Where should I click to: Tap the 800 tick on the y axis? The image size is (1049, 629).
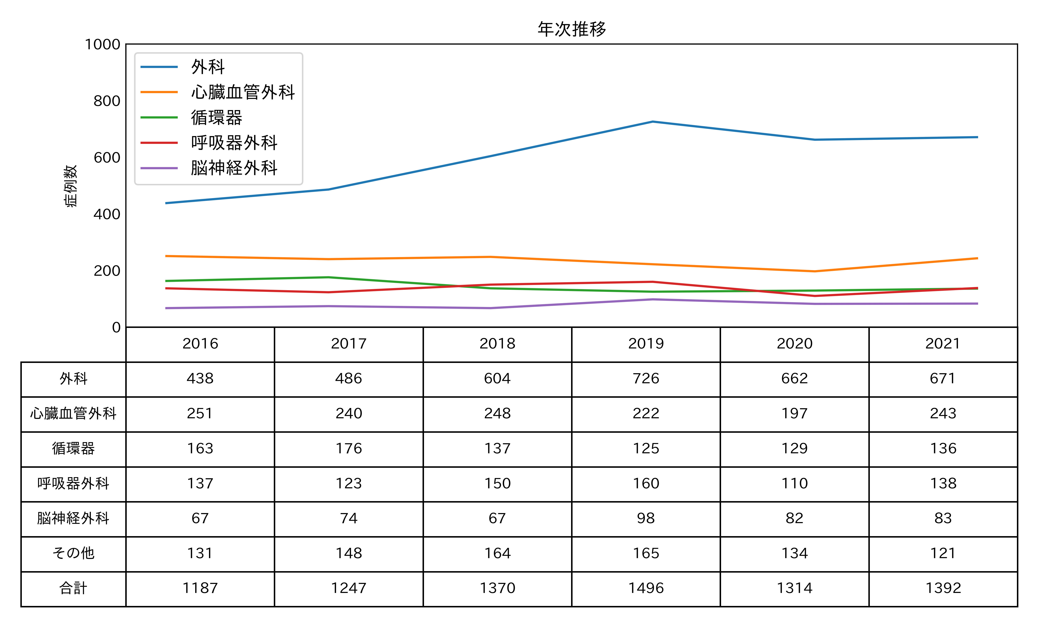click(107, 101)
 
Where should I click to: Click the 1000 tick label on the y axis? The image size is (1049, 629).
click(103, 44)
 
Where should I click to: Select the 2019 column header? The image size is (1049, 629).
click(646, 343)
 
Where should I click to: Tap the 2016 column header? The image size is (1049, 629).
click(200, 343)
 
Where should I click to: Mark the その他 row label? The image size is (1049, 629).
click(73, 553)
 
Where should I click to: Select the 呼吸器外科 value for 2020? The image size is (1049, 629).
click(794, 483)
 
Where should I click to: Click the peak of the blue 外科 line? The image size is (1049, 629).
click(652, 122)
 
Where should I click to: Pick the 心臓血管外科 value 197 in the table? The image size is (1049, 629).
click(794, 413)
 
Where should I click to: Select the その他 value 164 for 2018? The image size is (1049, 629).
click(497, 553)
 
